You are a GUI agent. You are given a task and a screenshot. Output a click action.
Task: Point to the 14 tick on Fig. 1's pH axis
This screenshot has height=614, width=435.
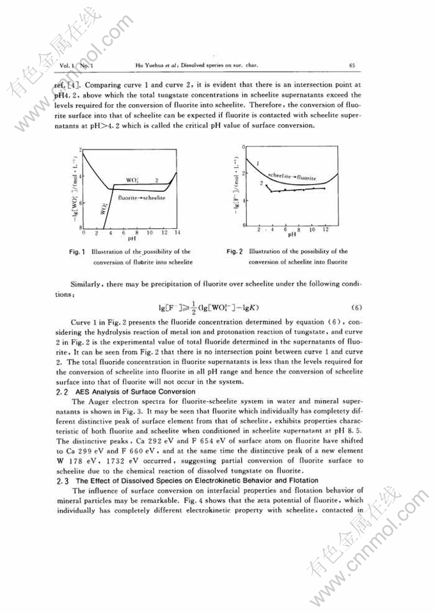point(177,233)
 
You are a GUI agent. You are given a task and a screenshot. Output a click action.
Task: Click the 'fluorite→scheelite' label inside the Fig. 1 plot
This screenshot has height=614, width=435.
point(142,199)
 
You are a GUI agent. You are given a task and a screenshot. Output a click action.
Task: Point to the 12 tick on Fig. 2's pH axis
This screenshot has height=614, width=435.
point(326,229)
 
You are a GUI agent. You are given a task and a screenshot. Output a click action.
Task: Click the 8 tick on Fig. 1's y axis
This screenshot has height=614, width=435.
point(81,227)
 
